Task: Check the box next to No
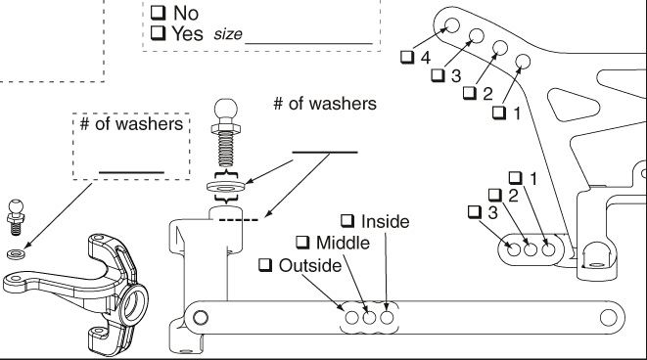[158, 13]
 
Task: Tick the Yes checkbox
[158, 32]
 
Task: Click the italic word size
[228, 34]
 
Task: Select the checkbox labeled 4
[407, 57]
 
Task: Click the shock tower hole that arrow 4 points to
[452, 25]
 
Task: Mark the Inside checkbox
[347, 221]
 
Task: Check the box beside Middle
[302, 242]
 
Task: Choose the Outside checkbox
[265, 265]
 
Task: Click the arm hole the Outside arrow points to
[352, 318]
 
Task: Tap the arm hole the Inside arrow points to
[387, 318]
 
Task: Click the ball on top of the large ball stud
[226, 109]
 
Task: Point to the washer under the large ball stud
[226, 187]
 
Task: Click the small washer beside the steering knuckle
[16, 254]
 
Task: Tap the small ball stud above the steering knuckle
[16, 216]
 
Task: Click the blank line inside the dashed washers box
[131, 172]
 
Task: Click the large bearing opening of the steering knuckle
[135, 304]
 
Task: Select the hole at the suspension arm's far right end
[608, 318]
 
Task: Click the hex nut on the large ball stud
[226, 128]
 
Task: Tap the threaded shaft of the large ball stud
[226, 150]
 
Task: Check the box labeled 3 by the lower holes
[475, 212]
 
